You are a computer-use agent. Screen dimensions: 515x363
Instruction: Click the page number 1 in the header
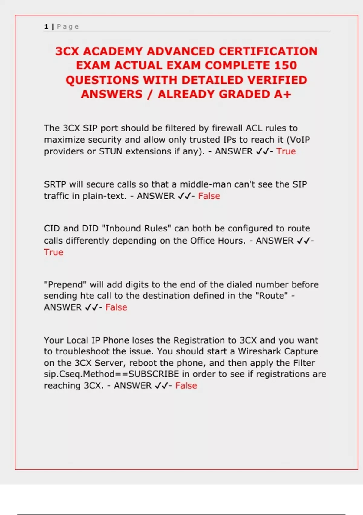pos(46,27)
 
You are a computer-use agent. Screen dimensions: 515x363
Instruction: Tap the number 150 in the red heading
pos(286,65)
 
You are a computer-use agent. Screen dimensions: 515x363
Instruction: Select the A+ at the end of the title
pos(283,94)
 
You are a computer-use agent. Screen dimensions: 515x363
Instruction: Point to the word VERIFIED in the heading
pos(277,80)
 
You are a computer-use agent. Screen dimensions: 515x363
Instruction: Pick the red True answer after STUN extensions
pos(286,151)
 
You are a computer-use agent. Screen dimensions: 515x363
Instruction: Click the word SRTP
pos(55,184)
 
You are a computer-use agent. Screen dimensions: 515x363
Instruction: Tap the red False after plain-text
pos(209,196)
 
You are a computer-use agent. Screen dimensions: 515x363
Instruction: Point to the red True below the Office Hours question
pos(54,252)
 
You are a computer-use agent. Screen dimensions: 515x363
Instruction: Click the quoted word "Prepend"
pos(65,284)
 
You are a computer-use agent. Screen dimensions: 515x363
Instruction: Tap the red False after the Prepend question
pos(116,307)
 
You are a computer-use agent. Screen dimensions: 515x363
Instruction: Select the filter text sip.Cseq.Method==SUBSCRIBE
pos(112,374)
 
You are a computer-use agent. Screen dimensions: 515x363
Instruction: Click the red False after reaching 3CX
pos(186,386)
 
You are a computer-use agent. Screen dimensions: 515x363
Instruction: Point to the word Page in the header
pos(68,27)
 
